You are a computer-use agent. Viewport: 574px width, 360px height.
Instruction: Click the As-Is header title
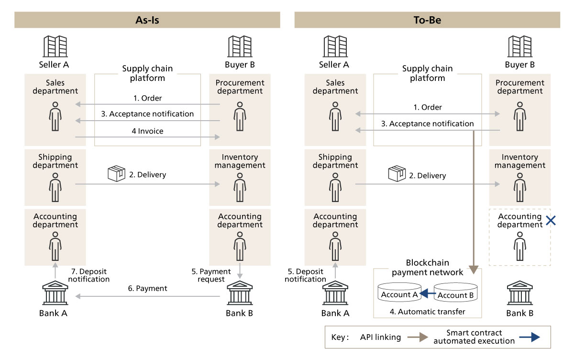147,20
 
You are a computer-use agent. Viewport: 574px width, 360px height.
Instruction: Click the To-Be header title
427,20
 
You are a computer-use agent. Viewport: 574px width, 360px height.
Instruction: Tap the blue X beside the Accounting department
551,221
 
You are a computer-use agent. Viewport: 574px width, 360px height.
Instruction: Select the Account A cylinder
399,293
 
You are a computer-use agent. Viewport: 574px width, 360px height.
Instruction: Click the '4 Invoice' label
147,131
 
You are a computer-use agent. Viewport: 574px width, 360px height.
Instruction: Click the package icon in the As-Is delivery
116,173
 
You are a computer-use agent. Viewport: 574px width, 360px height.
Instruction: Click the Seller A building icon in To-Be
335,46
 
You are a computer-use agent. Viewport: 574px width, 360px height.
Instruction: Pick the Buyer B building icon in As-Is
239,46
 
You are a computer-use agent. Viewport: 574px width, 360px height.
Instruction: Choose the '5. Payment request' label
209,275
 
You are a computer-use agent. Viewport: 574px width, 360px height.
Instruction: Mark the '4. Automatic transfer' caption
427,312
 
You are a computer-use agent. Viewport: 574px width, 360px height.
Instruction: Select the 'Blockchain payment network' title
427,267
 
